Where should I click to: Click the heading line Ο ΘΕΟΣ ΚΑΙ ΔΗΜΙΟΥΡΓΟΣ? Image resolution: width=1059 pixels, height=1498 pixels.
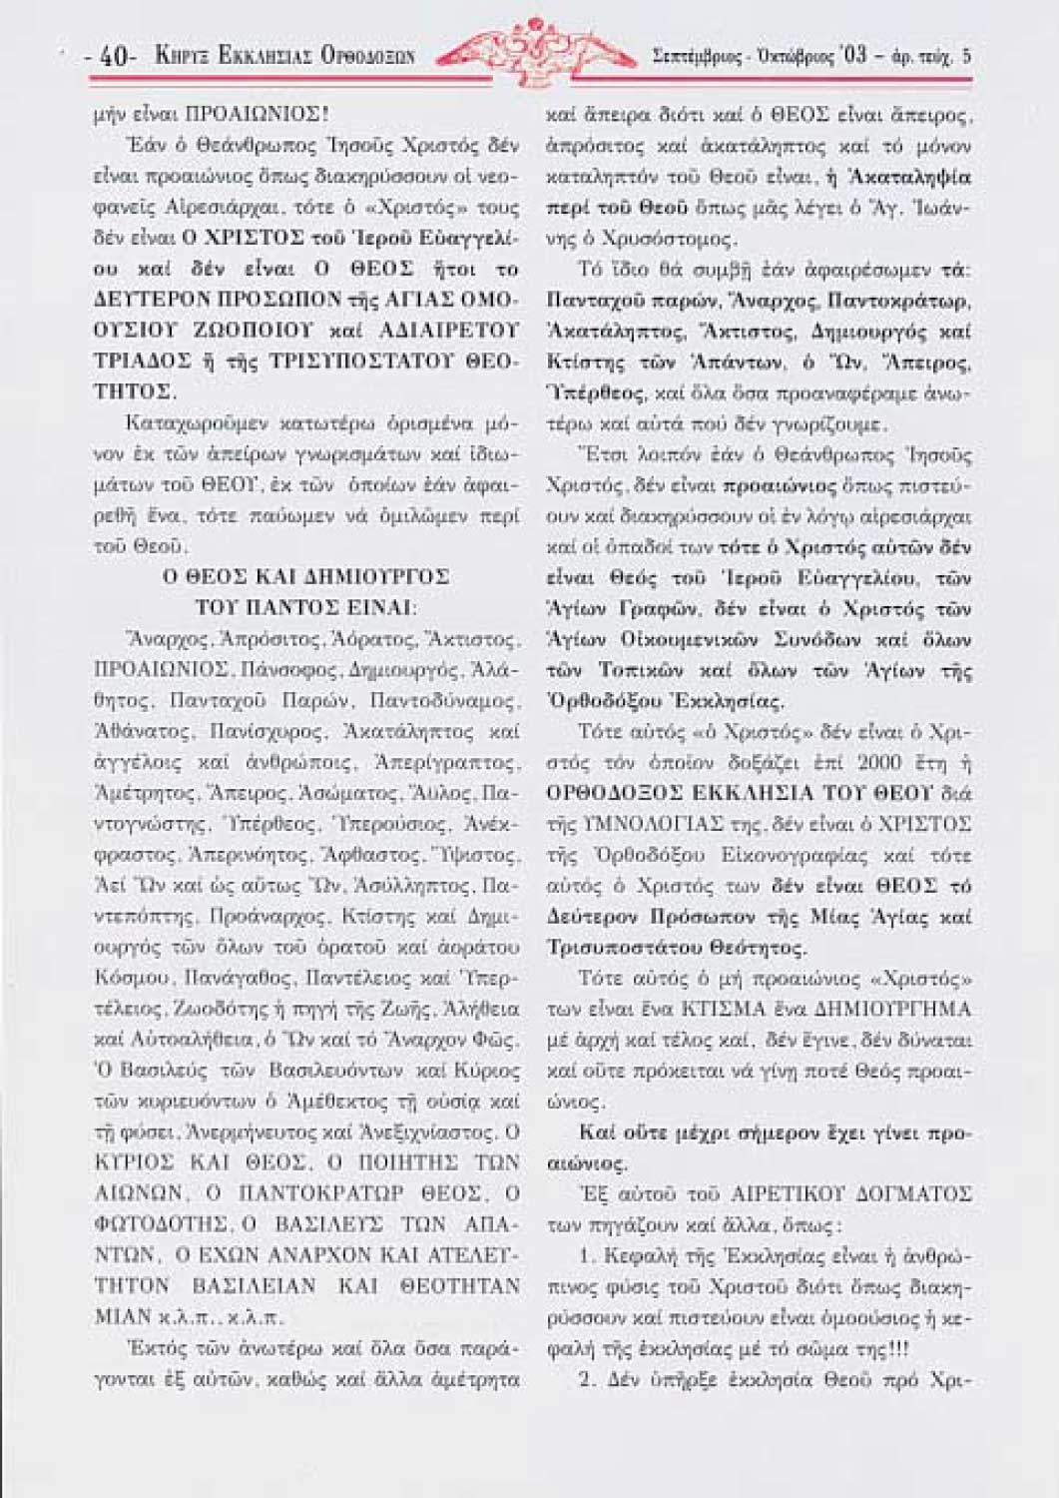point(305,576)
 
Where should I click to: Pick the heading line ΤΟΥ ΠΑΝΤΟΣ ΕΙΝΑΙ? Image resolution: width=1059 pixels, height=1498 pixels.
point(305,607)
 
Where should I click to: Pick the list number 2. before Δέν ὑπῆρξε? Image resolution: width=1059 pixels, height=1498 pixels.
point(587,1379)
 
